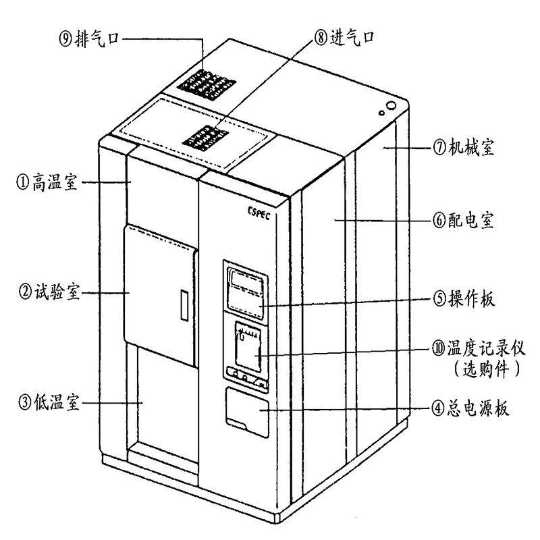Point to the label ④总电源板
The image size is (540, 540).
(470, 408)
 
